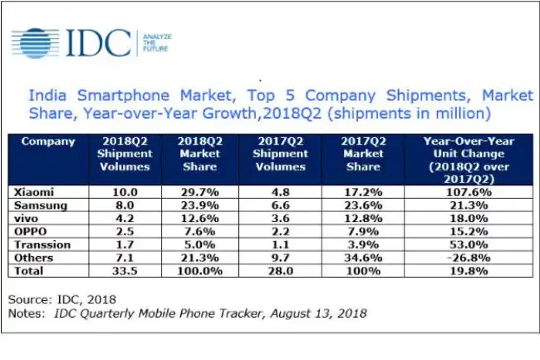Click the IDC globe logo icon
coord(36,41)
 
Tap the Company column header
coord(48,141)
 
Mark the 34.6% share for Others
coord(364,259)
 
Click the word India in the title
coord(50,95)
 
